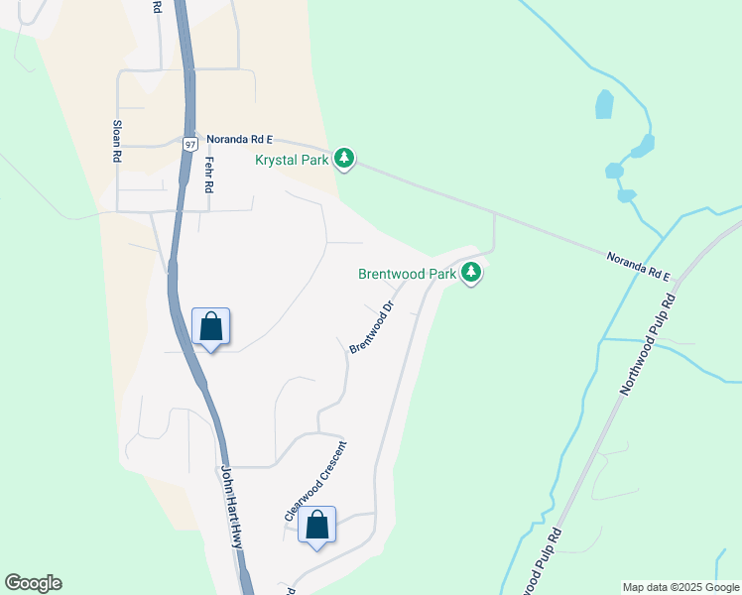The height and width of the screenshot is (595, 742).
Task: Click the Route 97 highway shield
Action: click(190, 144)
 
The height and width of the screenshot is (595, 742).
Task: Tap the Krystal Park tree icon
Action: click(344, 158)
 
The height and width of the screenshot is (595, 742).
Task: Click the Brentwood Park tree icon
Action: click(471, 272)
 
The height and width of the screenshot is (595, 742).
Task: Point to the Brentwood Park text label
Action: click(408, 274)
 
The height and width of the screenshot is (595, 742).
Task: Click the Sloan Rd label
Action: click(117, 142)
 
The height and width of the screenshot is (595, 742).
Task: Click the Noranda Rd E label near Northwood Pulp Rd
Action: click(639, 266)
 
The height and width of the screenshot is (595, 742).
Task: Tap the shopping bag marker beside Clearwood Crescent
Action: click(316, 525)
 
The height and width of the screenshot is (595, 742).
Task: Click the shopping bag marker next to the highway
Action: click(210, 326)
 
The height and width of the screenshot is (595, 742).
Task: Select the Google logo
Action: click(33, 583)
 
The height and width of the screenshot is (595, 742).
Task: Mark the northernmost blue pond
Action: click(604, 103)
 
